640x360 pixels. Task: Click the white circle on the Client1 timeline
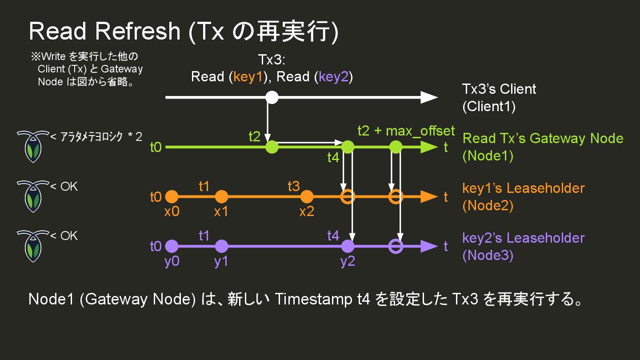click(272, 97)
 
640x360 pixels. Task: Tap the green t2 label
click(254, 136)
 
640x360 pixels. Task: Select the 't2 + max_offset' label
click(406, 131)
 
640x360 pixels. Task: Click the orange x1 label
click(221, 212)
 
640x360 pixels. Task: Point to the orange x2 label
click(306, 212)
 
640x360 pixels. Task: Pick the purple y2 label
click(348, 261)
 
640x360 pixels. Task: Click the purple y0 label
click(172, 261)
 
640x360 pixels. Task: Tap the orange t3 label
click(294, 186)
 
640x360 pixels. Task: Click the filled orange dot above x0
click(172, 196)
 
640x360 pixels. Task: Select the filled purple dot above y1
click(221, 246)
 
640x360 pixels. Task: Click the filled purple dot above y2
click(348, 246)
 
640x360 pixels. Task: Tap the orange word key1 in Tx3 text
click(249, 77)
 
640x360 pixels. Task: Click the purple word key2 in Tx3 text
click(334, 77)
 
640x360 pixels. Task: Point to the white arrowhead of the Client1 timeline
click(428, 97)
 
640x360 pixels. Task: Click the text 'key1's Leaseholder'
click(523, 188)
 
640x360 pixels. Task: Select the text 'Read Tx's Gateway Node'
click(543, 138)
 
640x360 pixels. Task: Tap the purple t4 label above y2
click(333, 236)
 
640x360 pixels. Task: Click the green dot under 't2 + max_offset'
click(396, 147)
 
